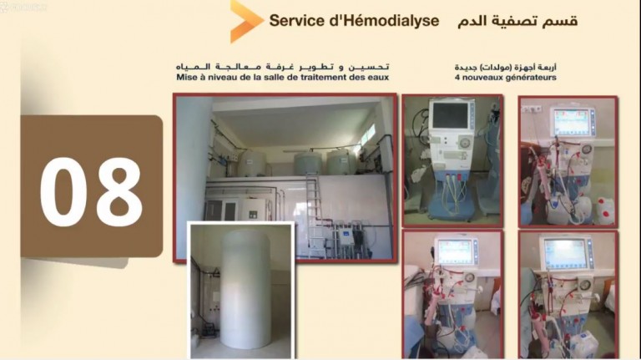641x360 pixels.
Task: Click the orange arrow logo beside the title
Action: point(245,21)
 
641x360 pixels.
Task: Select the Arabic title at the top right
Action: point(517,21)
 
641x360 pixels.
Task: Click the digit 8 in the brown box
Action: point(119,192)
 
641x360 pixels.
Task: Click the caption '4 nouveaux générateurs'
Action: point(505,78)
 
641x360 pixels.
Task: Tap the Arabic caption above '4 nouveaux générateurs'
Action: point(505,67)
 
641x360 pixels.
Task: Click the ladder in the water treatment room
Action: point(313,215)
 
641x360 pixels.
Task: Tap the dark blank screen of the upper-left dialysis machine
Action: point(450,115)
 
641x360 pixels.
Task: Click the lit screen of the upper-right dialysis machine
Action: point(570,121)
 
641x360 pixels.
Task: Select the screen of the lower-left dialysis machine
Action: point(455,252)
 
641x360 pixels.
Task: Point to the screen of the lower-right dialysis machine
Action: point(564,254)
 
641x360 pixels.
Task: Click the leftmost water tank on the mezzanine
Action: point(251,164)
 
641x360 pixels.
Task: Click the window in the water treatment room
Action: point(368,134)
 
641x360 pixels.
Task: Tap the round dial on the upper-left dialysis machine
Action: point(465,143)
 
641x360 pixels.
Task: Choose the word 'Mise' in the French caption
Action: point(184,77)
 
